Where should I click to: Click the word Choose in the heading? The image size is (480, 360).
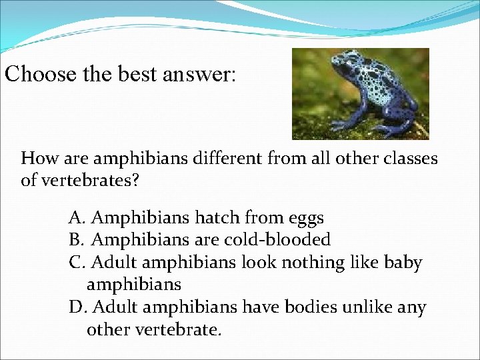37,73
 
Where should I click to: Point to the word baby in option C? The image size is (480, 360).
403,263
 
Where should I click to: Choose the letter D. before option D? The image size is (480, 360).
78,308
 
